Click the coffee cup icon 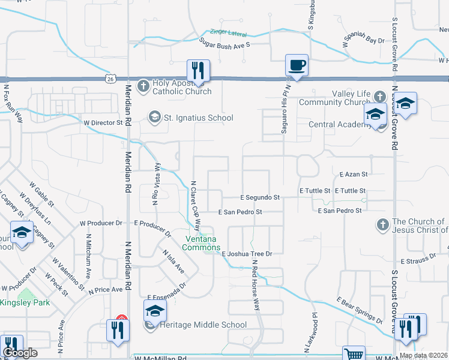point(296,65)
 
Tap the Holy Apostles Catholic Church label point(177,87)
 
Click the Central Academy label point(337,124)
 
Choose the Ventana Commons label point(201,244)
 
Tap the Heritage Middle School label point(203,325)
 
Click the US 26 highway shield point(109,78)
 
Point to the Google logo point(19,353)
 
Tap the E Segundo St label point(260,197)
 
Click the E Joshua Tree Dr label point(247,254)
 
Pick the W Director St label point(103,122)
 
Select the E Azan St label point(353,174)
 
